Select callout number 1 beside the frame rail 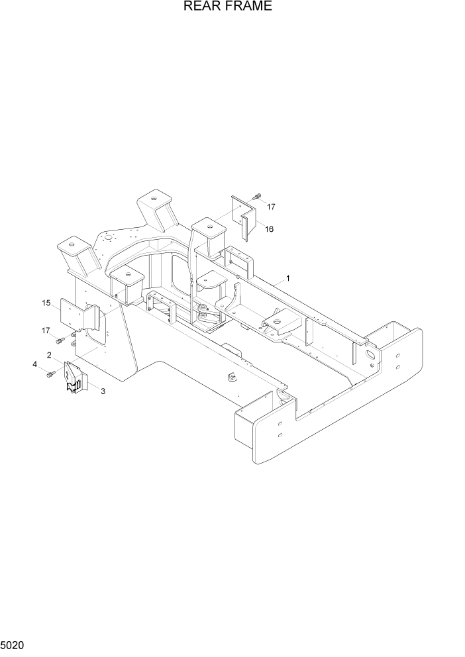pos(288,279)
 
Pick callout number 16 pos(270,229)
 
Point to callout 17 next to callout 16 pos(270,207)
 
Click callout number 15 pos(46,303)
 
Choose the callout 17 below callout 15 pos(45,330)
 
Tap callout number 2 pos(50,355)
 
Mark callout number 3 pos(103,391)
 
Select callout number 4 pos(34,364)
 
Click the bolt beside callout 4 pos(50,375)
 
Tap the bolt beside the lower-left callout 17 pos(60,340)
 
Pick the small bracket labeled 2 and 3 pos(75,378)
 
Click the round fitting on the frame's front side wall pos(232,378)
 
